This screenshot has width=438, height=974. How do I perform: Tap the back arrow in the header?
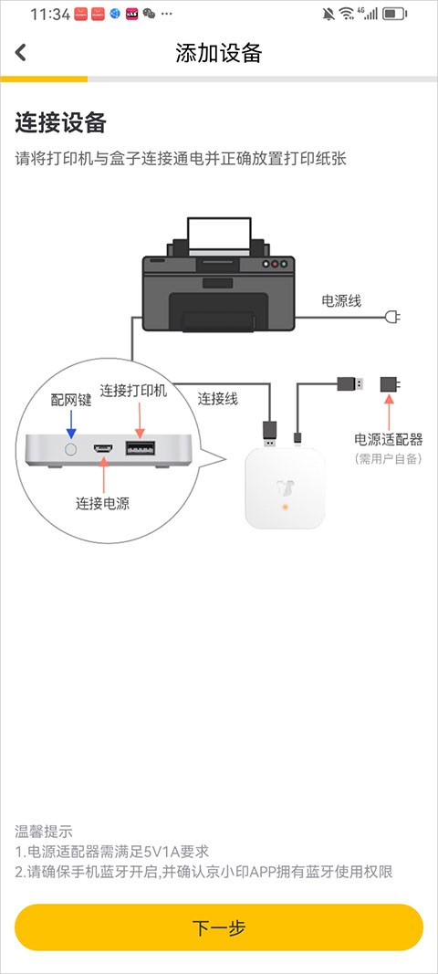point(21,53)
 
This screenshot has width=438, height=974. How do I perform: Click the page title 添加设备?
point(219,53)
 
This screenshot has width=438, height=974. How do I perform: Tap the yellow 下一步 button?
point(219,927)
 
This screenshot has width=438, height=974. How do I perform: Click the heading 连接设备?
point(61,122)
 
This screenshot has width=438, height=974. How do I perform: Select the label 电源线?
point(341,300)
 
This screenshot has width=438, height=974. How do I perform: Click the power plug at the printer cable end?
point(393,318)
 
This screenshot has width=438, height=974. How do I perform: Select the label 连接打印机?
point(133,391)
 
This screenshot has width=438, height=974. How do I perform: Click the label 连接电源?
point(102,502)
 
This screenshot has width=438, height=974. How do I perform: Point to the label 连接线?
point(218,398)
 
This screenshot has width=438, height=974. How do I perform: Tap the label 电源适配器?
point(389,440)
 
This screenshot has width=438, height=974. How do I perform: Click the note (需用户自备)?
point(389,458)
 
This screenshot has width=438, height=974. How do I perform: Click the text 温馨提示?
point(44,832)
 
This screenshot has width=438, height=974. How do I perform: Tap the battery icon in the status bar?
point(395,14)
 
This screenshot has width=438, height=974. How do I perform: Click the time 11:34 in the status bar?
point(50,14)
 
